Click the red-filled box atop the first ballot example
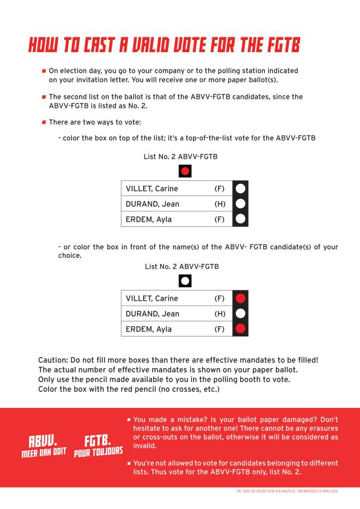coord(185,171)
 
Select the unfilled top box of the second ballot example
coord(185,280)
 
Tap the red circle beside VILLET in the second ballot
coord(240,298)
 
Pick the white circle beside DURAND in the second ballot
coord(240,314)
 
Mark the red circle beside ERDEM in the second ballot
coord(240,329)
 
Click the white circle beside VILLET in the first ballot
coord(240,189)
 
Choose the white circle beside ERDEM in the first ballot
coord(240,219)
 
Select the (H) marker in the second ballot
coord(220,314)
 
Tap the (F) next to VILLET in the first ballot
coord(220,189)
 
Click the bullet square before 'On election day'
coord(44,71)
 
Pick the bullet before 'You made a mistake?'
coord(129,419)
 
